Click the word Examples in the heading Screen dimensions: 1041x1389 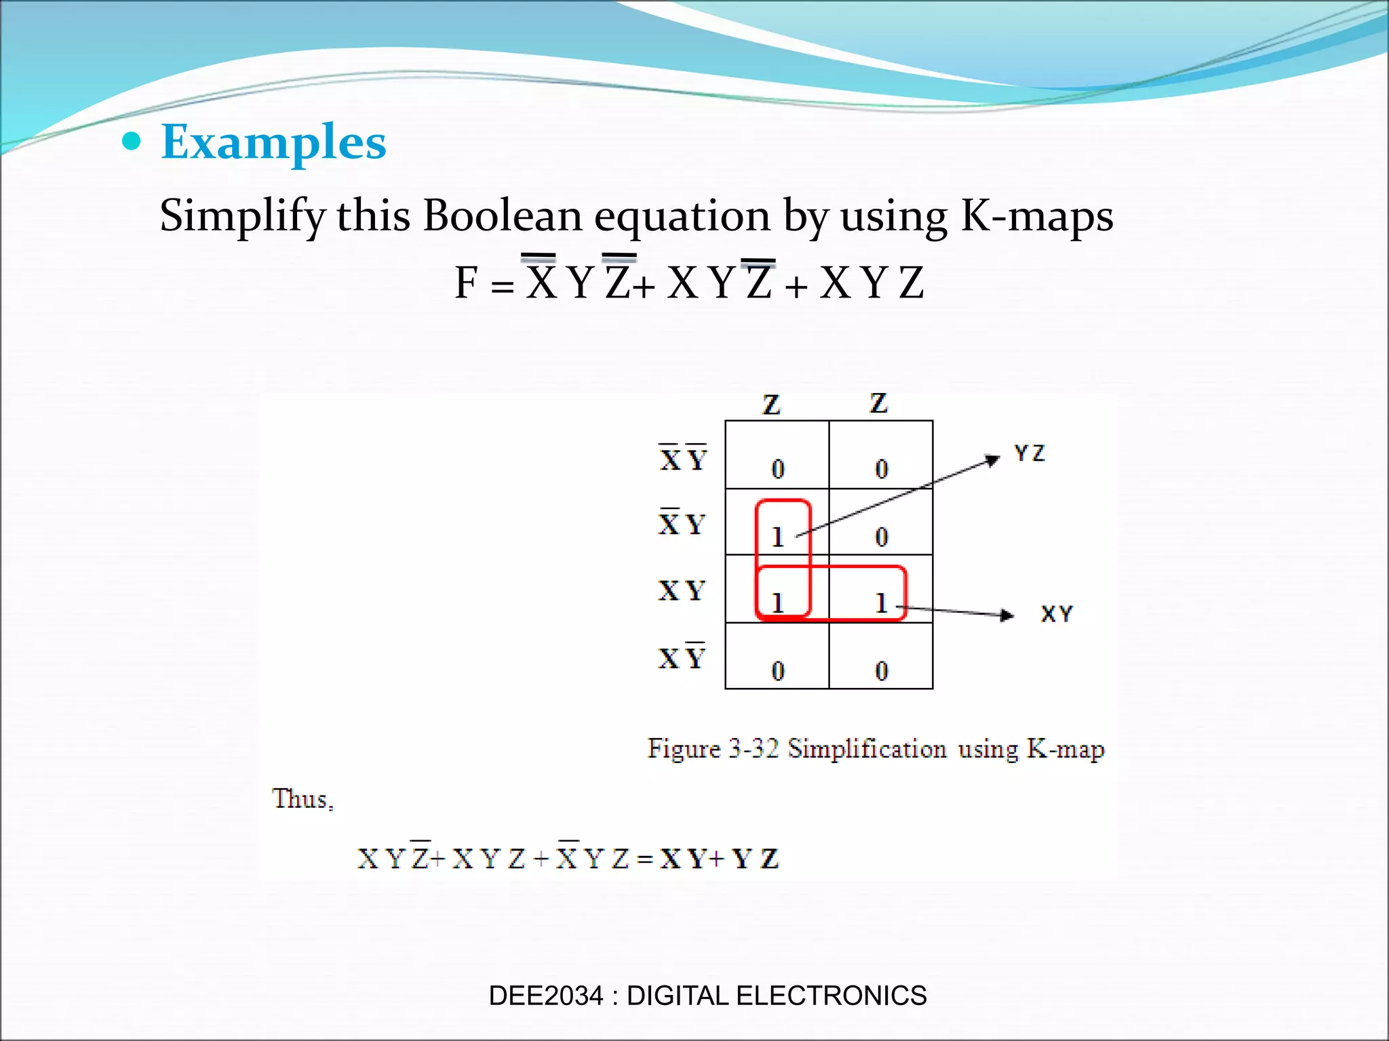tap(273, 142)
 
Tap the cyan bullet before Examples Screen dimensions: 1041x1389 tap(132, 142)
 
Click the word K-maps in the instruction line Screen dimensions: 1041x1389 tap(1037, 216)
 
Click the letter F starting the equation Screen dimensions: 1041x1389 tap(467, 283)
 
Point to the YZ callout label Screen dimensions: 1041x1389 tap(1030, 453)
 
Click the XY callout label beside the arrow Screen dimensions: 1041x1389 tap(1057, 614)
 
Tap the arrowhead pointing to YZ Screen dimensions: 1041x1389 tap(993, 460)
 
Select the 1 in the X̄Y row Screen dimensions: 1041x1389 tap(778, 537)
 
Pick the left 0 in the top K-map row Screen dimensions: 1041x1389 tap(778, 469)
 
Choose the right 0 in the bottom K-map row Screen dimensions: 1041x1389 tap(881, 671)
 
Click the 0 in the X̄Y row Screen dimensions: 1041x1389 tap(881, 537)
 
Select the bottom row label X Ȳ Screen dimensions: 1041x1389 tap(682, 657)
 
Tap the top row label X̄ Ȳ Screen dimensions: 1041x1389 tap(683, 459)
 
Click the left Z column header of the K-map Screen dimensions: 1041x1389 tap(771, 405)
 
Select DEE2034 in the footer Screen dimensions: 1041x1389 tap(545, 996)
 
